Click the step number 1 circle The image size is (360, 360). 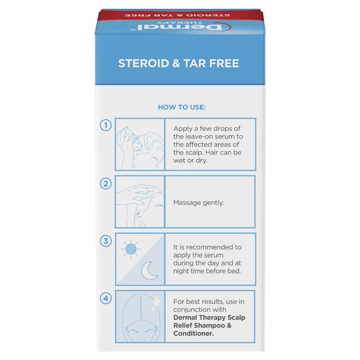(x=106, y=125)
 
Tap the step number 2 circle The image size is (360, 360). (x=106, y=184)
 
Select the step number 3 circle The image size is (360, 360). (x=106, y=241)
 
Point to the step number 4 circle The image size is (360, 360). (x=106, y=298)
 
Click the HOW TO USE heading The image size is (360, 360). (x=182, y=107)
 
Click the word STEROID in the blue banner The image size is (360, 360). (x=144, y=63)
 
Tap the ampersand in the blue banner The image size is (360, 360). (x=176, y=63)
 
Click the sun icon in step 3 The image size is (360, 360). (x=131, y=249)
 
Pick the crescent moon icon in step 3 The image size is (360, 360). (x=149, y=270)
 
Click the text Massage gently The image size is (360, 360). (x=198, y=203)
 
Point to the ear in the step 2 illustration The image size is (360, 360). (x=139, y=216)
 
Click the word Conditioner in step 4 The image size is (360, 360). (x=193, y=333)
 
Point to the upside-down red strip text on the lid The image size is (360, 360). (x=177, y=15)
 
